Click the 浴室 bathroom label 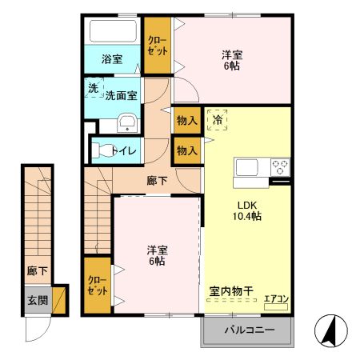111,58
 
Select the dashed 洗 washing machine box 93,88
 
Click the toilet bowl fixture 101,150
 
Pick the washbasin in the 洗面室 126,123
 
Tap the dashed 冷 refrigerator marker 217,119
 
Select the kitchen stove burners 280,167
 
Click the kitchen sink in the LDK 245,168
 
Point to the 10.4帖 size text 247,215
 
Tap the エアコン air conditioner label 275,300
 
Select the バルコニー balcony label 248,330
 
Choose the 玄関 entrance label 37,301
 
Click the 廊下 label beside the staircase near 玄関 37,270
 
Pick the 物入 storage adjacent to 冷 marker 186,120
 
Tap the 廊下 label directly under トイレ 157,180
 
